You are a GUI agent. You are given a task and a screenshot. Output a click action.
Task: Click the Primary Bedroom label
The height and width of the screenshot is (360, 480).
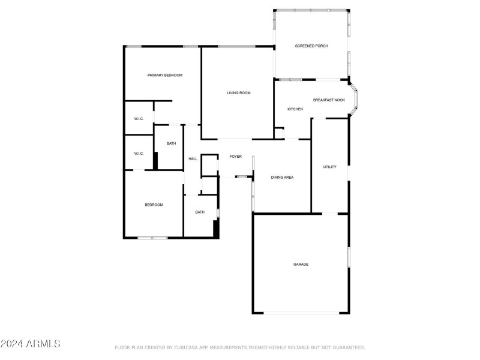pos(165,75)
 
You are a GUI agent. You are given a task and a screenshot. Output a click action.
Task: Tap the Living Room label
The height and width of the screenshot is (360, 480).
pos(238,93)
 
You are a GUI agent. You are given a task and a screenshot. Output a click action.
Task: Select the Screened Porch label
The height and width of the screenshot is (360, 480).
pos(311,46)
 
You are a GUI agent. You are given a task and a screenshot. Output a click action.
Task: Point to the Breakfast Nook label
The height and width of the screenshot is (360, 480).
pos(328,100)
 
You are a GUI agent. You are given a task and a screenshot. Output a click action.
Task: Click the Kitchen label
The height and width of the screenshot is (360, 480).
pos(295,109)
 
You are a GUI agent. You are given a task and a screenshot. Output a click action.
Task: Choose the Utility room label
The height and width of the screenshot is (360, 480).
pos(329,167)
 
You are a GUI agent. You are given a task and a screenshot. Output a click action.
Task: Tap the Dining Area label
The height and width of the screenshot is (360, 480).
pos(282,177)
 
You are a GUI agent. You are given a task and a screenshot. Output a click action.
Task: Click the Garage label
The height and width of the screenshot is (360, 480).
pos(301,264)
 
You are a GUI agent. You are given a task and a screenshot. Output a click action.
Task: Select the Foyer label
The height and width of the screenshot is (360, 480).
pos(236,157)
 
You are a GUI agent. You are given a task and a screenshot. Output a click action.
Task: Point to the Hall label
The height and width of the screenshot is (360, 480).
pos(193,159)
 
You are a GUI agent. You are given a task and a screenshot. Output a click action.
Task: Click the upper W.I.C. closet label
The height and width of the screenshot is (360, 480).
pos(139,119)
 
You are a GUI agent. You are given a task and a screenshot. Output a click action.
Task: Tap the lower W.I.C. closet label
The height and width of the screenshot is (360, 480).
pos(139,154)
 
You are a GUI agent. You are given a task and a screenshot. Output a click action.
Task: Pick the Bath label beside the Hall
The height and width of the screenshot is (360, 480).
pos(171,143)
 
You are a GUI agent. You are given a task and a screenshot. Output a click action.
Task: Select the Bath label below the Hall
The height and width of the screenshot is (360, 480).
pos(199,212)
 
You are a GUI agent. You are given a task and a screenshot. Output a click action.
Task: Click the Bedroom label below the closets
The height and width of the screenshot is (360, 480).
pos(154,205)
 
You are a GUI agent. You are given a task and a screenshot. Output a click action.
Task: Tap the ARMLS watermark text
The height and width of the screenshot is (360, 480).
pos(31,344)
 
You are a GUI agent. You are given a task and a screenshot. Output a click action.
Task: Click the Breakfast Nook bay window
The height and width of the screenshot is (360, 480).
pos(357,99)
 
